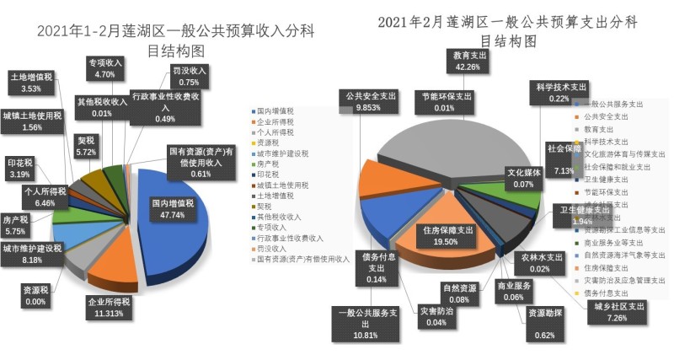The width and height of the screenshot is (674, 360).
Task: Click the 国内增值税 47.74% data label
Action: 173,209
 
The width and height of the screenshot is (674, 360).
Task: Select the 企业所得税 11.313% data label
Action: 110,308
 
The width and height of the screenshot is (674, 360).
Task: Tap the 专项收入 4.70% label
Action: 105,68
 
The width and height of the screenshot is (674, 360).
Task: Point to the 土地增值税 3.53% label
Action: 30,82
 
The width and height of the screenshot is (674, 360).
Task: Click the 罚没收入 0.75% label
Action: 189,77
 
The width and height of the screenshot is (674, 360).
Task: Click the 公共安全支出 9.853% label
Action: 369,102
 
